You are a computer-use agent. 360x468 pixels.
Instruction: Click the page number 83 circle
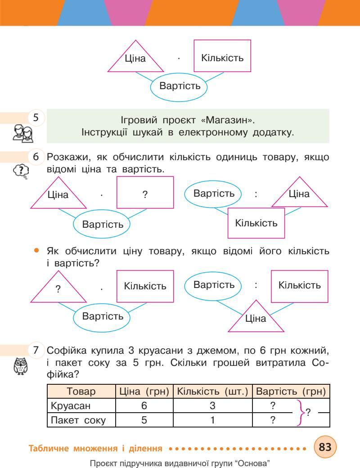(x=325, y=447)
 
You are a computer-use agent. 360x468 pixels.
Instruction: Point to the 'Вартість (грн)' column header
(x=290, y=391)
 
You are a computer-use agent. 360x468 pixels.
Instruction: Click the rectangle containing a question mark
(x=145, y=194)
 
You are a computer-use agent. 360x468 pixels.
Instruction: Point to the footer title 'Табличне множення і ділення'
(x=95, y=448)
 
